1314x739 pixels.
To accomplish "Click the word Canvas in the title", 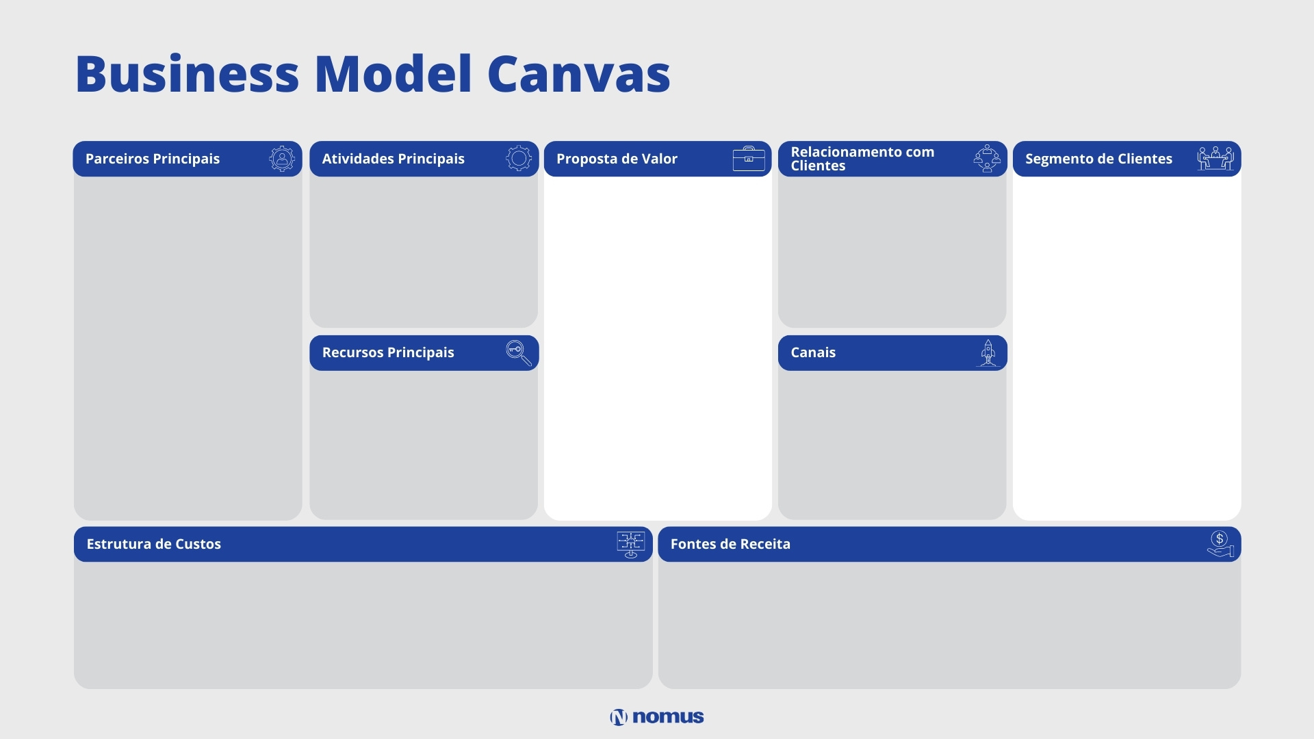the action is point(578,73).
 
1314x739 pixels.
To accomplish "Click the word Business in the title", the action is point(188,73).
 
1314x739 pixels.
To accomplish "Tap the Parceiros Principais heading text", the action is point(153,159).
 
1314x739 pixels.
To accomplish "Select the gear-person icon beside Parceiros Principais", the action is point(282,159).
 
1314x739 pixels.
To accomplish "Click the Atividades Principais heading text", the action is point(394,159).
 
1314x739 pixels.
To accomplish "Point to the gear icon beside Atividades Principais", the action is point(519,159).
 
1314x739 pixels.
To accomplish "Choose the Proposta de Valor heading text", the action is point(617,159).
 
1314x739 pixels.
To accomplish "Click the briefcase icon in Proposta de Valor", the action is point(749,159).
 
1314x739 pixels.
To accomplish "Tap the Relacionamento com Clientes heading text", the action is point(862,159).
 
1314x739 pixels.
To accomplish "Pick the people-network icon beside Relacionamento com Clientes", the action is point(987,159).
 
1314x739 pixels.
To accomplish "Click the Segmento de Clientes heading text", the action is point(1098,159).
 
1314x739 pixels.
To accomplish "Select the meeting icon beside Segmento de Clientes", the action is point(1215,158).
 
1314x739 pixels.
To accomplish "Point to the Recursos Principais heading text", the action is point(388,352).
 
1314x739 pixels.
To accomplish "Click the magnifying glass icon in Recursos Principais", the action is point(519,353).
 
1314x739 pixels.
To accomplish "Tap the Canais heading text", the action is point(813,352).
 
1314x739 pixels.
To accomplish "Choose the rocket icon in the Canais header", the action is point(988,353).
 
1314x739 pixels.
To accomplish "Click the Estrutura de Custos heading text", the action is point(154,544).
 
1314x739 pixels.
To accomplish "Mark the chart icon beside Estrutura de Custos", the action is point(630,545).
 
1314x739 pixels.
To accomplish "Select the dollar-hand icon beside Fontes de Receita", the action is point(1220,544).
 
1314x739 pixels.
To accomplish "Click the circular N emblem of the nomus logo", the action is point(619,717).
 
